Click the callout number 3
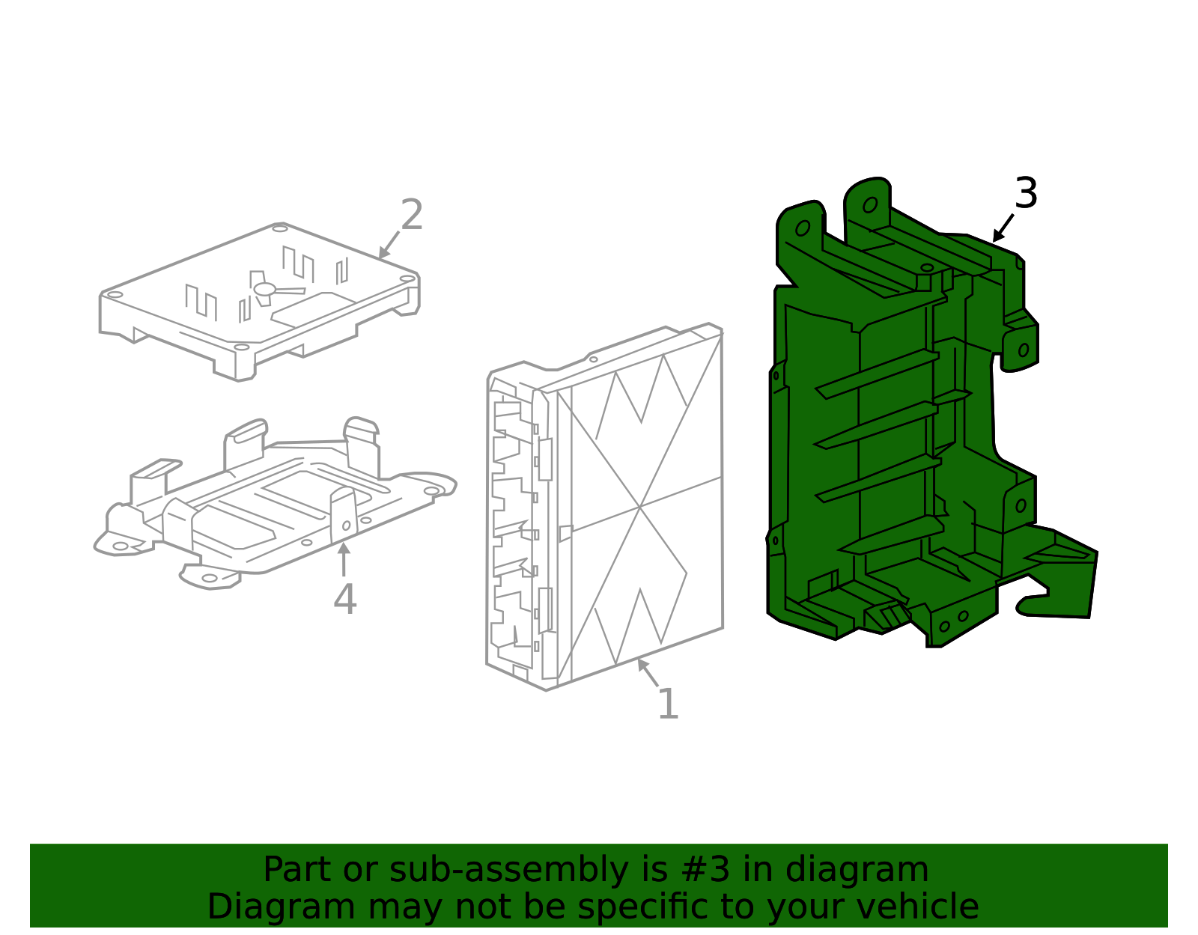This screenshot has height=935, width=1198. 1026,193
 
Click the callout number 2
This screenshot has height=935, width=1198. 412,215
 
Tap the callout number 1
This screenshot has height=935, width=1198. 668,704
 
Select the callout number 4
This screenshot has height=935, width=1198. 345,600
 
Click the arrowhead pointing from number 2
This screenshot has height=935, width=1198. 383,253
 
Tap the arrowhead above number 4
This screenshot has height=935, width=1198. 344,548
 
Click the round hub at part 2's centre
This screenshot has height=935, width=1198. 264,289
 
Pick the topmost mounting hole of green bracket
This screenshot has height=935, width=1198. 870,205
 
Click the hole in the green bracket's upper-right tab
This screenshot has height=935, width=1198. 1024,350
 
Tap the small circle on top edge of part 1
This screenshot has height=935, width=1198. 593,359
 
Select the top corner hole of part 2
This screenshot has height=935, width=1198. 279,228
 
